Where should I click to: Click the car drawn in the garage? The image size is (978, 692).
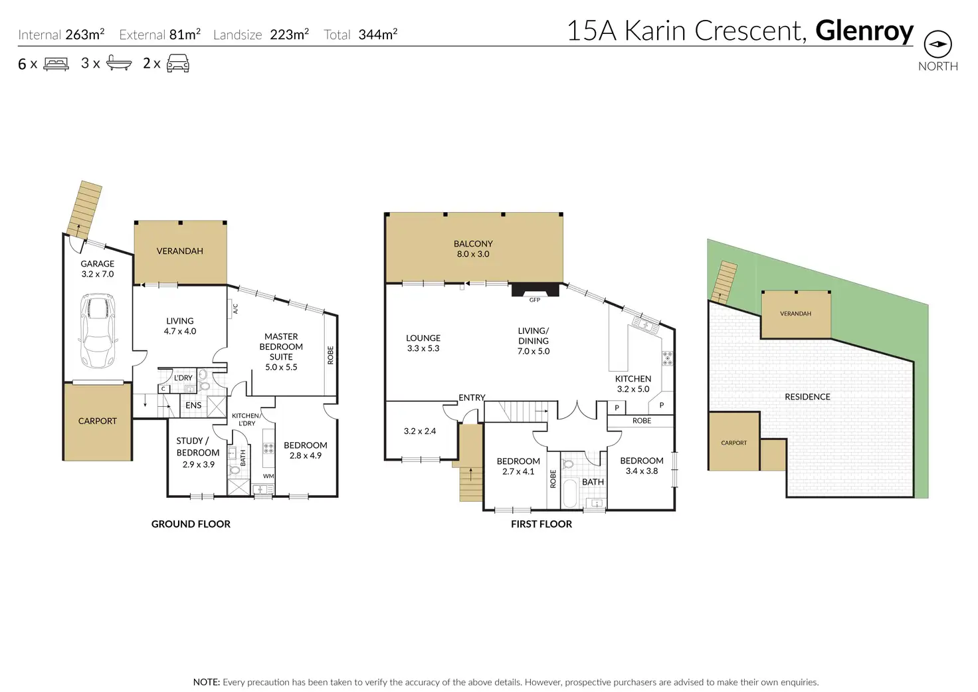[x=98, y=330]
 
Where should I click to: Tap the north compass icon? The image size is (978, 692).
[x=937, y=45]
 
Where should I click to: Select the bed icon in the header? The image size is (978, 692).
[x=56, y=64]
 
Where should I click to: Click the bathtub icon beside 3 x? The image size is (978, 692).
[x=119, y=64]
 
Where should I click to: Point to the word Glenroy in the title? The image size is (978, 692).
[x=864, y=31]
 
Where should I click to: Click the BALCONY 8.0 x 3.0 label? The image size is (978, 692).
[x=473, y=249]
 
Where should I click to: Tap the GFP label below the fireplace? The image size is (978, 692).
[x=535, y=300]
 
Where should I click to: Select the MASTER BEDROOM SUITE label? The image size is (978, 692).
[x=281, y=352]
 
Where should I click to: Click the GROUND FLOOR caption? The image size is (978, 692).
[x=191, y=524]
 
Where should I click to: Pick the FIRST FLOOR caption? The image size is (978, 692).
[x=541, y=524]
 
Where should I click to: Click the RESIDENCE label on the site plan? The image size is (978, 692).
[x=807, y=397]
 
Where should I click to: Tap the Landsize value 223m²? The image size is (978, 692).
[x=289, y=35]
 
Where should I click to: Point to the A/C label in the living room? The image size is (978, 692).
[x=235, y=308]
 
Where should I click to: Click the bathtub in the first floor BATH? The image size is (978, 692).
[x=570, y=493]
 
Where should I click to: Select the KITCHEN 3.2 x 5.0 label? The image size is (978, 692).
[x=633, y=384]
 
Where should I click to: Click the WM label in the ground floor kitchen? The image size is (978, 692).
[x=268, y=476]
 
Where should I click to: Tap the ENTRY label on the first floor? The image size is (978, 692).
[x=472, y=398]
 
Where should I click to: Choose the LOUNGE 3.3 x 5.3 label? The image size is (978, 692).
[x=423, y=343]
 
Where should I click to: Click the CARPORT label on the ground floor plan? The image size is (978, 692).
[x=98, y=421]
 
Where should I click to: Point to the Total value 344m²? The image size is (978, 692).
[x=377, y=35]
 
